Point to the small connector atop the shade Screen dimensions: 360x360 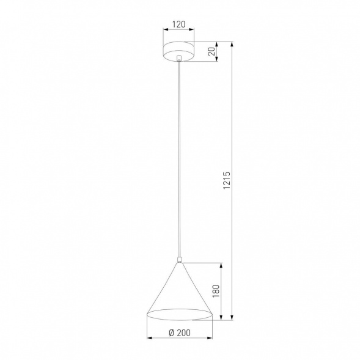179,260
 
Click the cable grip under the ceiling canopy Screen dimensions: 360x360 178,60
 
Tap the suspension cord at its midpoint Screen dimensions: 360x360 178,159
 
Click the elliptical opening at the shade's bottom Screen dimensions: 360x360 179,315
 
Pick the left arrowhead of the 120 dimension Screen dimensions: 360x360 164,32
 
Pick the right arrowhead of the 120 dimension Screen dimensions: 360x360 193,32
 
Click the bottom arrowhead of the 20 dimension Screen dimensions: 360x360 219,61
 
